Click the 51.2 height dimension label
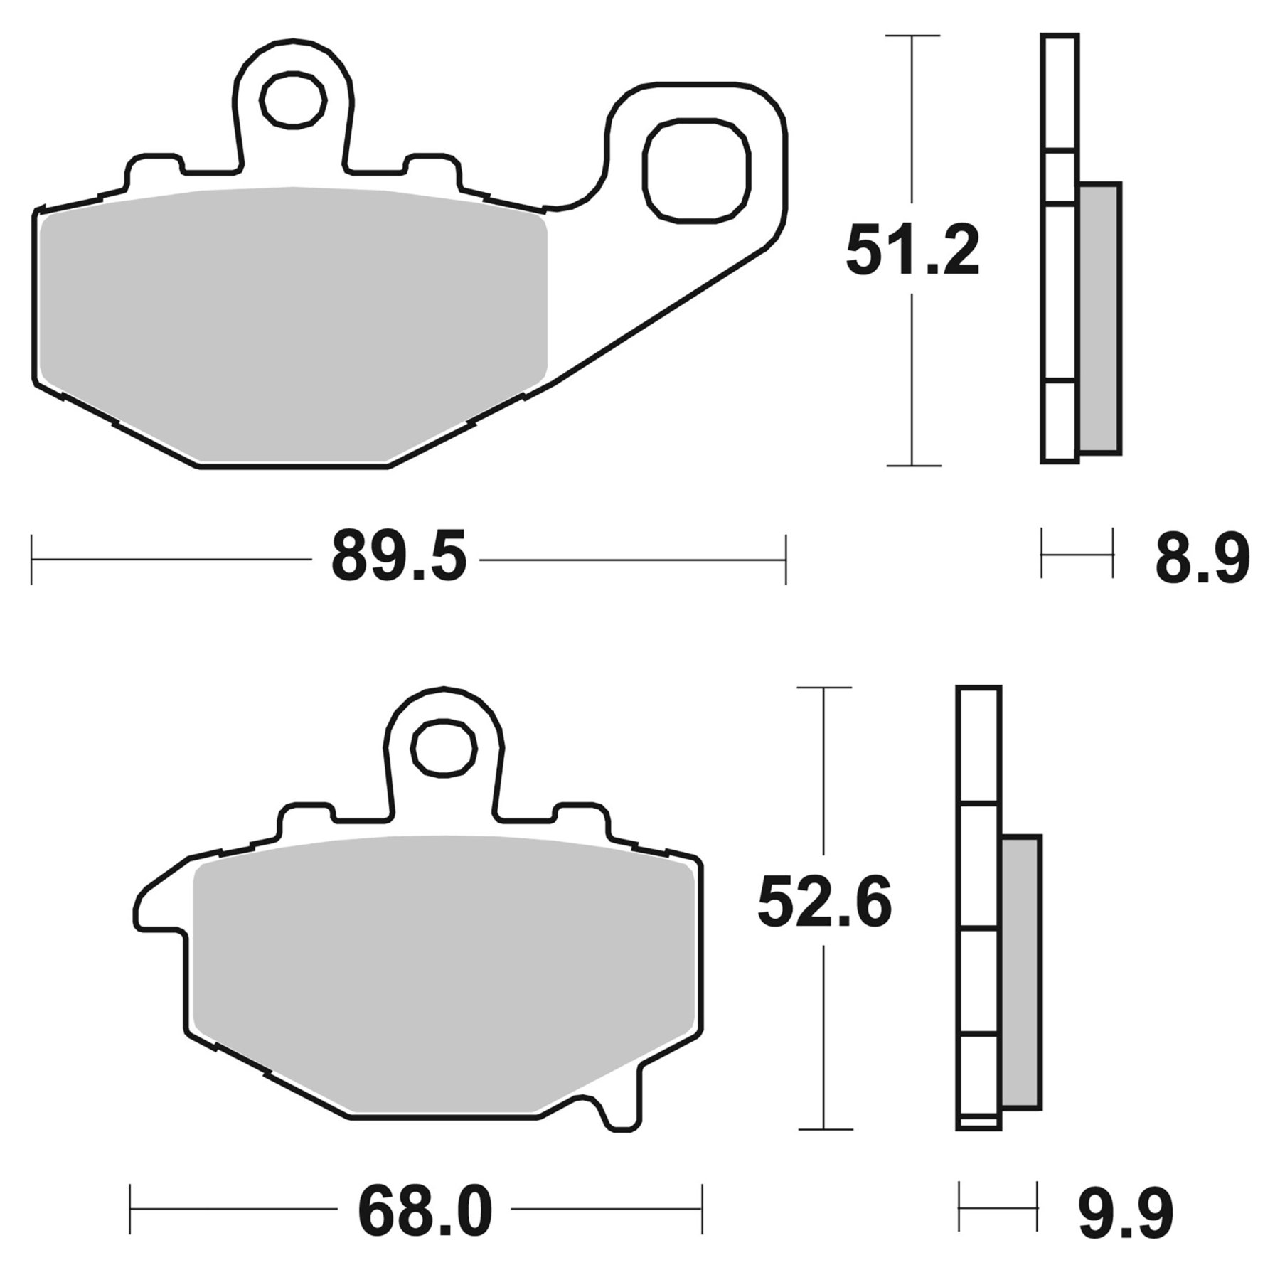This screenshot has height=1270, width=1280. (x=912, y=250)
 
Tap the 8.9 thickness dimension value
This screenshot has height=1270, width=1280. (x=1201, y=559)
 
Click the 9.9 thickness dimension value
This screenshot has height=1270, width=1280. (x=1125, y=1212)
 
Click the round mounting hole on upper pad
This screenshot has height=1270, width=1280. (x=293, y=100)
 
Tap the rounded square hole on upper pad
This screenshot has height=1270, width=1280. (x=695, y=171)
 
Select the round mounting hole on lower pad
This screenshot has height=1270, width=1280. (x=444, y=748)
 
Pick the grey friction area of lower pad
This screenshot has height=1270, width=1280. (x=441, y=974)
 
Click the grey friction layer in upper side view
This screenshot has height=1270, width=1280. (x=1099, y=319)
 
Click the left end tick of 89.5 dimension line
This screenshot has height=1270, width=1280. (x=32, y=560)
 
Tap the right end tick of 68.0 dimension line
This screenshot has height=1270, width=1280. (x=702, y=1209)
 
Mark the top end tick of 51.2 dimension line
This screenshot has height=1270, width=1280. (x=912, y=36)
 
